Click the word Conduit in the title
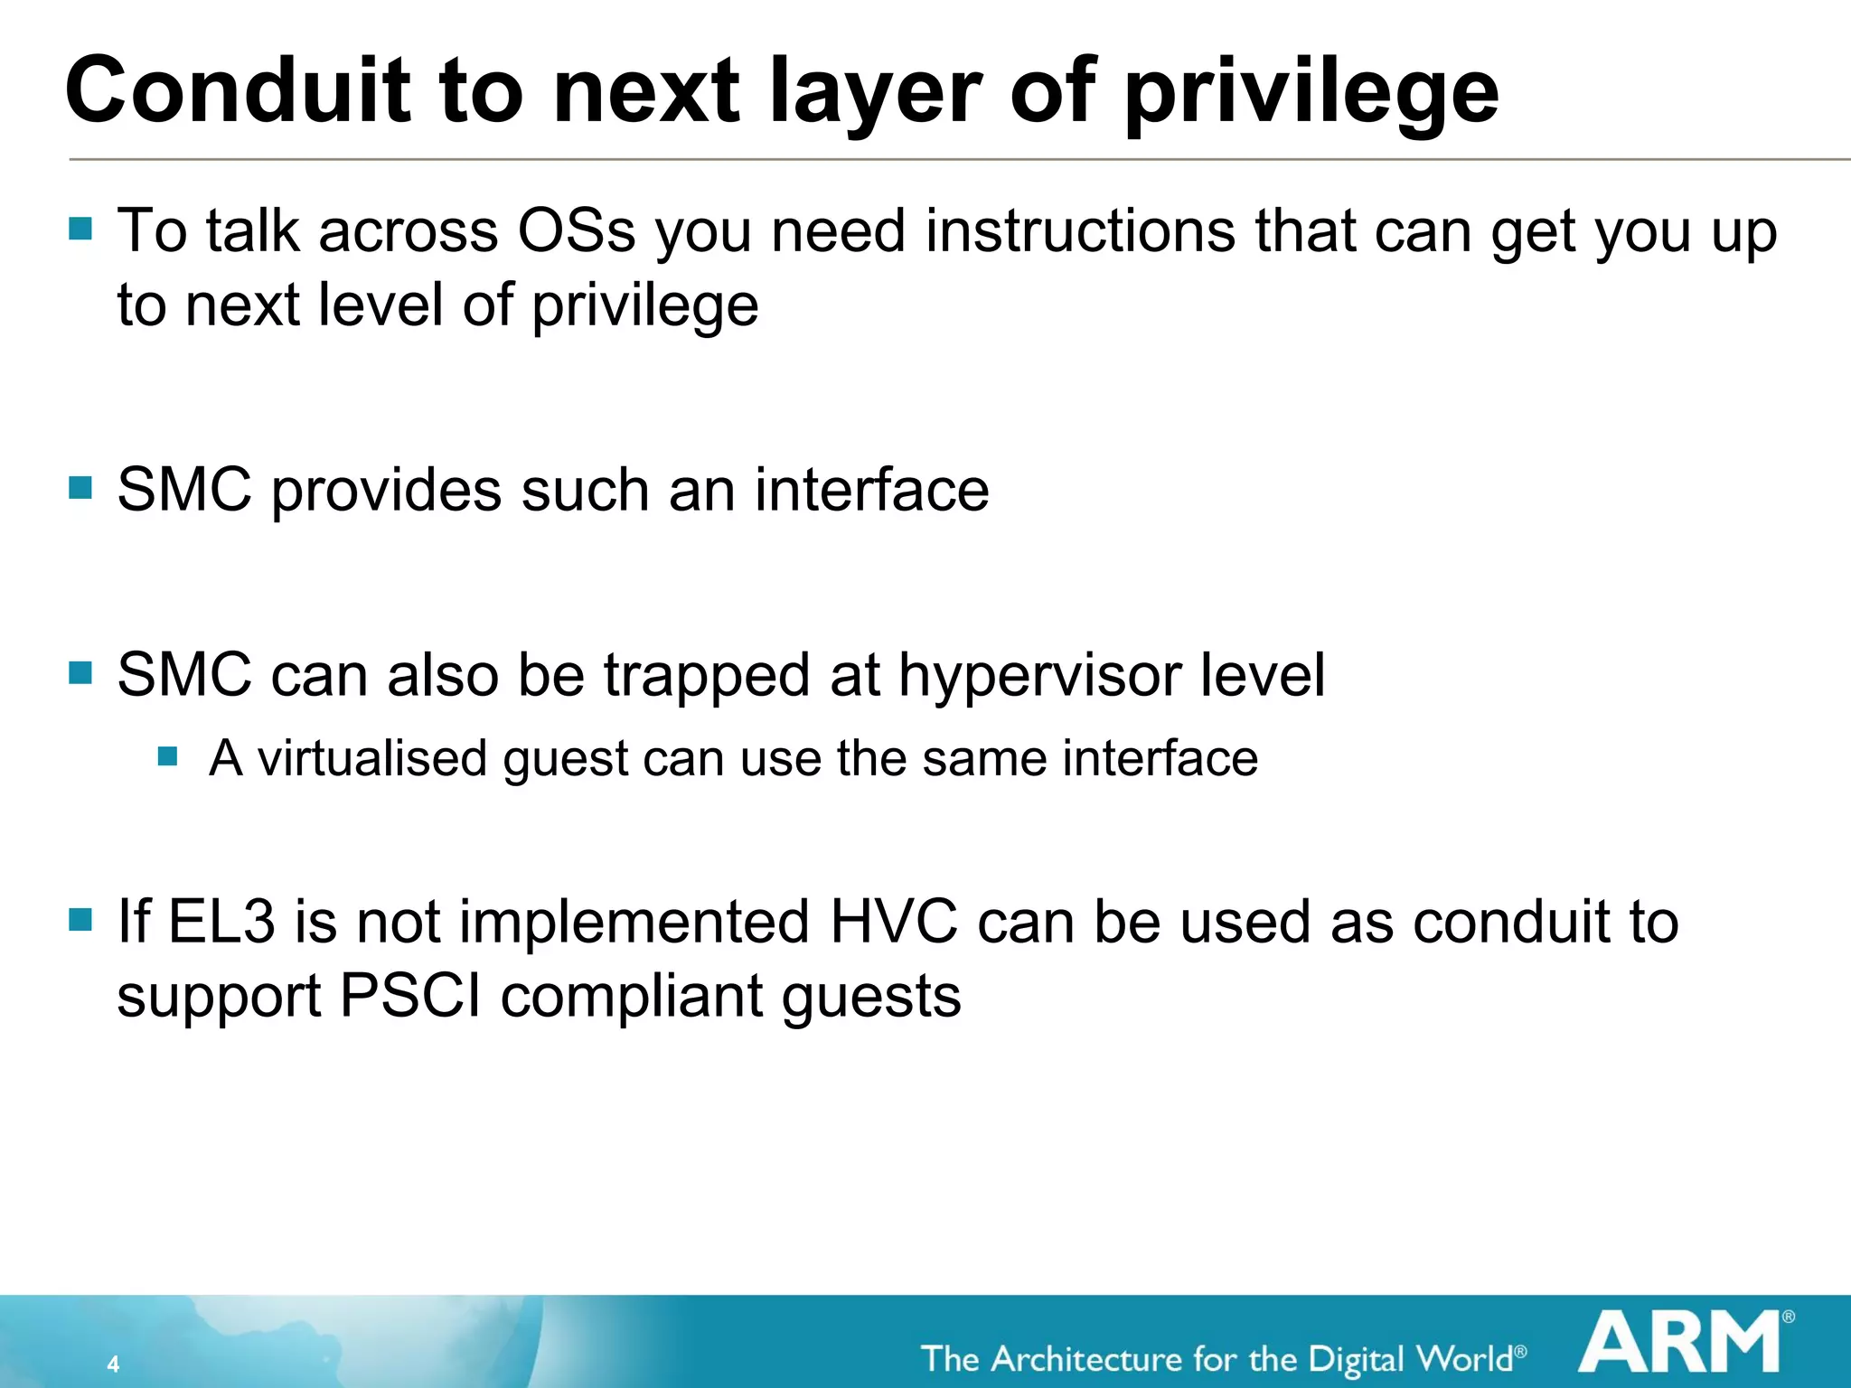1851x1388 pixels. (x=236, y=90)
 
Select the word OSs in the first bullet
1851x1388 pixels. (x=576, y=231)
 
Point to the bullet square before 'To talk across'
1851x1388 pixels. (x=81, y=228)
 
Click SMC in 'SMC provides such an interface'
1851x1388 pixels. (x=184, y=490)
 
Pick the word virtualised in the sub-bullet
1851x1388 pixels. (x=372, y=758)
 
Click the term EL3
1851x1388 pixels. (x=221, y=922)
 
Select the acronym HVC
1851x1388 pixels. (x=893, y=922)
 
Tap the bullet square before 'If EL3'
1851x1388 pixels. (x=81, y=920)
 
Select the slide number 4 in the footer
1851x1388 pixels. (x=113, y=1364)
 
